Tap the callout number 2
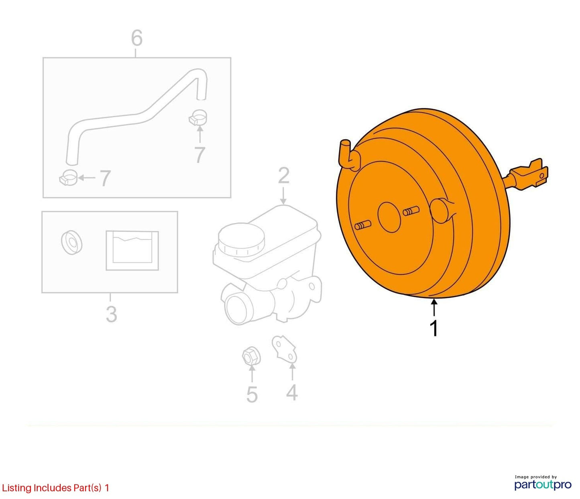[x=283, y=176]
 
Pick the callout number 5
[x=252, y=395]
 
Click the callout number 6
[x=137, y=38]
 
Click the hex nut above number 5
[x=251, y=357]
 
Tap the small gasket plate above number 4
[x=285, y=348]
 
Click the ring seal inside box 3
[x=71, y=242]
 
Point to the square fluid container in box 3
[x=132, y=250]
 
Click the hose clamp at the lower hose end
[x=68, y=178]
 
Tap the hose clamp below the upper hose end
[x=198, y=117]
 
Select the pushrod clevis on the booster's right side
[x=527, y=175]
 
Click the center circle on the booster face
[x=390, y=217]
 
